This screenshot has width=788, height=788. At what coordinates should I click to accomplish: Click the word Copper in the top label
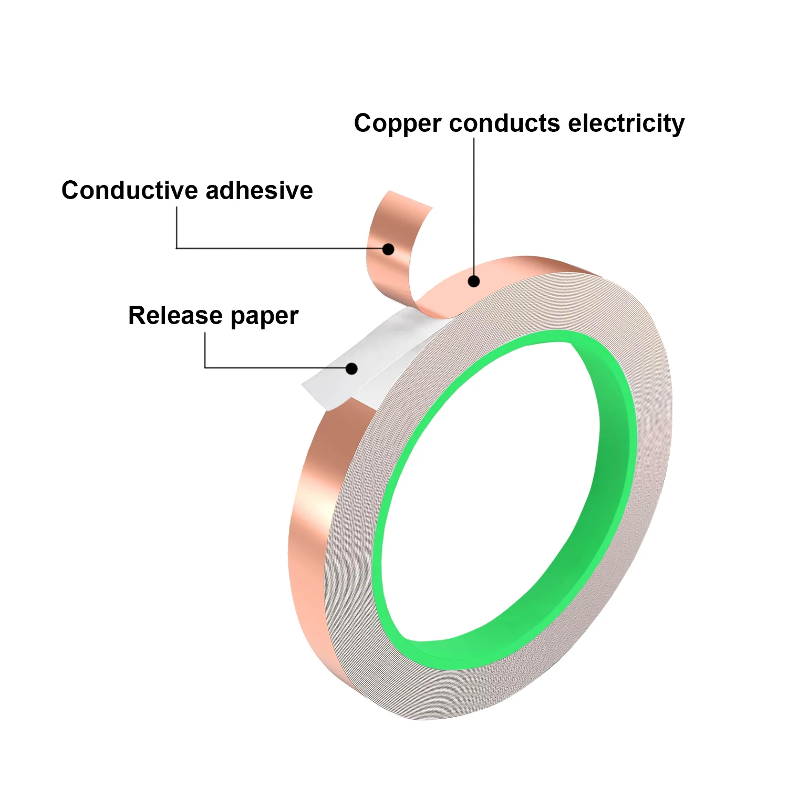397,125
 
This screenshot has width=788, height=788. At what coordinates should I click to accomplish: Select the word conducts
505,123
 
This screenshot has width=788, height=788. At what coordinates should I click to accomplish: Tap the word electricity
626,125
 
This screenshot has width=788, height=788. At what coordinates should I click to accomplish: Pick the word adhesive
260,190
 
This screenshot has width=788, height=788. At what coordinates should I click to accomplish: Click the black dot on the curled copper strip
388,249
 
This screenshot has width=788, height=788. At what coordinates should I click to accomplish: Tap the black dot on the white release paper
352,369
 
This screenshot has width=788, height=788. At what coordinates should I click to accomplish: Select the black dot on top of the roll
474,281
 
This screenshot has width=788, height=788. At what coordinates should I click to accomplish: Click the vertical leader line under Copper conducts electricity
474,206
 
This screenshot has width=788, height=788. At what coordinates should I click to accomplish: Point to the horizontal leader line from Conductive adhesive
279,248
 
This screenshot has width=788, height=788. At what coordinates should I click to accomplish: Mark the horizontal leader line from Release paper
275,368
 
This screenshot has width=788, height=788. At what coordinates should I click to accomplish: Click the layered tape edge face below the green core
499,688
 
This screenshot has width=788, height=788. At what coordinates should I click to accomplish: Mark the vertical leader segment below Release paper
205,350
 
